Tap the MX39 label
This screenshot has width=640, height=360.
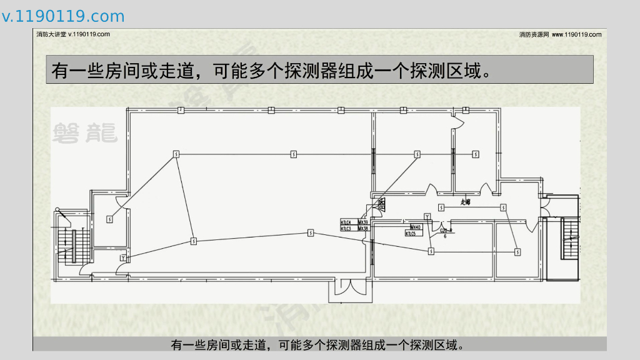click(x=362, y=222)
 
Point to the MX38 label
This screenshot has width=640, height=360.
click(x=362, y=229)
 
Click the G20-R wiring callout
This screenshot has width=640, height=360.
click(x=446, y=231)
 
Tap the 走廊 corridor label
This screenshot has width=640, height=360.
click(x=465, y=202)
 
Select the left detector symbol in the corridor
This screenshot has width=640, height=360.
click(x=441, y=207)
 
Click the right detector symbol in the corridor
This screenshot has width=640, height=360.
click(x=502, y=207)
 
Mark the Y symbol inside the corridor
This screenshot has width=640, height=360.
click(x=427, y=216)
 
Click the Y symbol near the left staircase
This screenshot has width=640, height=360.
click(x=123, y=257)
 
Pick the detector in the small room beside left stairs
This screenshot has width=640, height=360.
click(x=109, y=219)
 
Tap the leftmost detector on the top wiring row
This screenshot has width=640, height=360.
click(x=176, y=153)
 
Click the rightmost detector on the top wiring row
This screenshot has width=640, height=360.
click(x=476, y=153)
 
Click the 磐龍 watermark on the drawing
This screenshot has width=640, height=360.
click(x=84, y=131)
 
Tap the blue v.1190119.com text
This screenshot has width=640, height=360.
click(x=63, y=16)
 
